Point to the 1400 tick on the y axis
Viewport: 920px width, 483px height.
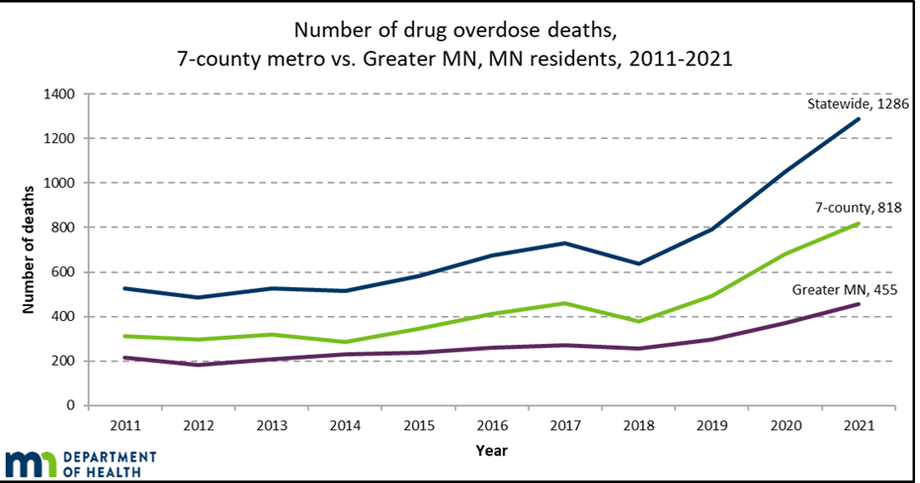tap(63, 93)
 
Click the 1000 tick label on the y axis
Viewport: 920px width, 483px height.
tap(63, 183)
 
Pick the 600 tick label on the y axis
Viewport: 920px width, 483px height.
tap(67, 272)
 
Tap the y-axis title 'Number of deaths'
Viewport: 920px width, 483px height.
tap(29, 248)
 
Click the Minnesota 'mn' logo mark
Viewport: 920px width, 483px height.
tap(32, 463)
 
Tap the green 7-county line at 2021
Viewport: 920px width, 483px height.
tap(858, 224)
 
